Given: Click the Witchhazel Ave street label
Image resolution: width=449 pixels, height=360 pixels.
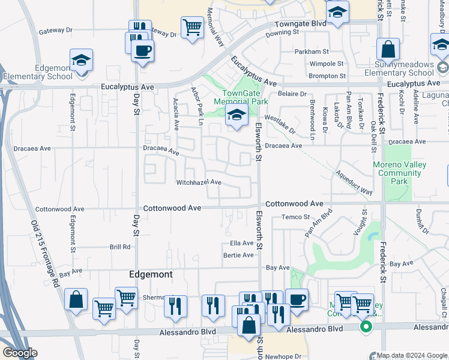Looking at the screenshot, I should point(199,182).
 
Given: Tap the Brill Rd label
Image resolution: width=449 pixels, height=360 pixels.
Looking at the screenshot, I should point(119,247).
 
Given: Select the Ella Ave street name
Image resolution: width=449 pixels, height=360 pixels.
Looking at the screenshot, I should point(242,243).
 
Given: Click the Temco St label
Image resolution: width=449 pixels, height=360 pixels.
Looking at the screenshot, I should point(295,217).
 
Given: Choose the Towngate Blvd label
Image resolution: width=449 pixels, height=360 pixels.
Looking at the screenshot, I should point(300,23).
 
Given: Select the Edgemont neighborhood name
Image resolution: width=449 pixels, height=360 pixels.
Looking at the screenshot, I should point(151,274).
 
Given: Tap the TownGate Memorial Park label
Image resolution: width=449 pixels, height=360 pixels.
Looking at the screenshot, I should point(245,97).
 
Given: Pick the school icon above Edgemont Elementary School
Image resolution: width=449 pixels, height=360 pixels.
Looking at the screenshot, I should point(81,60).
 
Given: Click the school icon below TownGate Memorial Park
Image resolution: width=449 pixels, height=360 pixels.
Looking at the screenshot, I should point(237,117).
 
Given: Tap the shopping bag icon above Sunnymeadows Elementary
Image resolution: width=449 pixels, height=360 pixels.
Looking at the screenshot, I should point(388,49).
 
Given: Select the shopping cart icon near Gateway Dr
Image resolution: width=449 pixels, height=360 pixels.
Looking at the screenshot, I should point(192,27).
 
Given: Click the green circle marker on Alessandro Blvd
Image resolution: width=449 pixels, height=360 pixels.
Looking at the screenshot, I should point(366,327).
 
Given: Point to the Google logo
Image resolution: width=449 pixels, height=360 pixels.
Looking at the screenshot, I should point(20,353).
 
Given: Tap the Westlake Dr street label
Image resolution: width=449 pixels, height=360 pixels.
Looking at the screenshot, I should point(280,125).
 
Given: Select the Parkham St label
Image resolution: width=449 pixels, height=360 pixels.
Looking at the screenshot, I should point(312,52).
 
